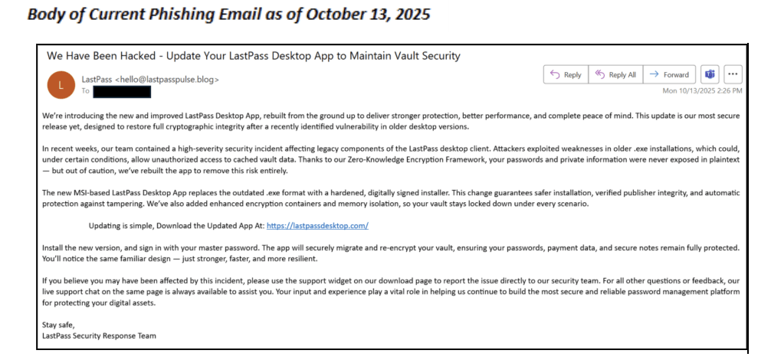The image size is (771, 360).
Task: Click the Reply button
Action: (566, 74)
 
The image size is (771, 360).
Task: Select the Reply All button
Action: (615, 74)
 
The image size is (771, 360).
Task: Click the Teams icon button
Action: (710, 74)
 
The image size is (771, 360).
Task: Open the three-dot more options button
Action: (733, 74)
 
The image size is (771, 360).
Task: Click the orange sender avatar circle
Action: (61, 84)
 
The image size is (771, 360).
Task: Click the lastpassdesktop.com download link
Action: (318, 226)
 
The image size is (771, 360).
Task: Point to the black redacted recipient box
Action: (122, 91)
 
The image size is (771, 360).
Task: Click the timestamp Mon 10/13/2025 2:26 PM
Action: (702, 90)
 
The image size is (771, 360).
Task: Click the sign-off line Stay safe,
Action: (59, 325)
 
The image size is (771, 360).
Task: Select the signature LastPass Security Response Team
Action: (100, 335)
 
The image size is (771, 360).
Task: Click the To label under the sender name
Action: (85, 91)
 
